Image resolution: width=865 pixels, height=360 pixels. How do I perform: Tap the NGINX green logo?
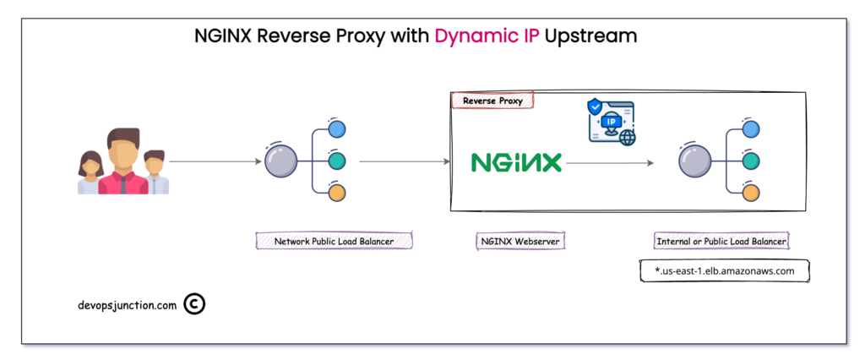(516, 161)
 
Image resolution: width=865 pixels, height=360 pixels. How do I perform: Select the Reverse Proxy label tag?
(492, 101)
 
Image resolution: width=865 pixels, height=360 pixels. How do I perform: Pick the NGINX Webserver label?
(519, 242)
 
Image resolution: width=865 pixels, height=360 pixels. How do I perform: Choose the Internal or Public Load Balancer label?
(721, 242)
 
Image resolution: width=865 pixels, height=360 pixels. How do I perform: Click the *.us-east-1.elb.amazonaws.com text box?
(724, 270)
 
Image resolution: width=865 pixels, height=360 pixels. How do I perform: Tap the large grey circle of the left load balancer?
(281, 161)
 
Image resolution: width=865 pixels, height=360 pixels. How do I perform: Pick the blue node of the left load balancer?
(337, 129)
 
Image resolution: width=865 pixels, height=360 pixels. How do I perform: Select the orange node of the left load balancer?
(337, 192)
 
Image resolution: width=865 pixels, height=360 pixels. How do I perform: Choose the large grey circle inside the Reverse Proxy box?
(694, 161)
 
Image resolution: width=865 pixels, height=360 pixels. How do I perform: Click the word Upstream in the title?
(591, 36)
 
